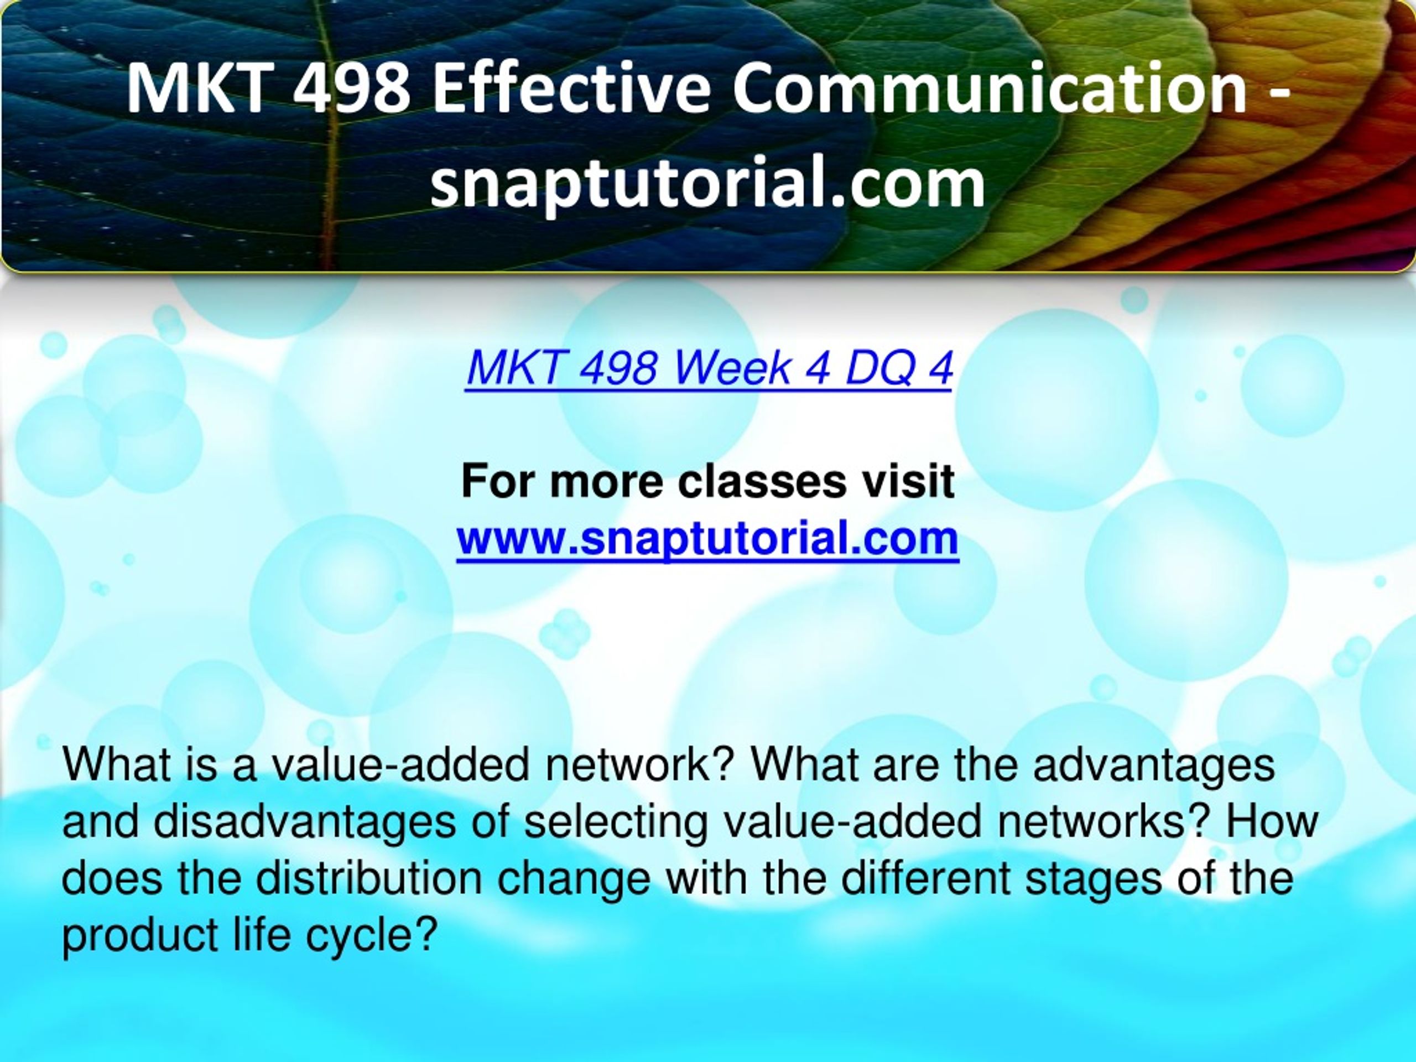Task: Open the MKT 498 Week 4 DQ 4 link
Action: (709, 368)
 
